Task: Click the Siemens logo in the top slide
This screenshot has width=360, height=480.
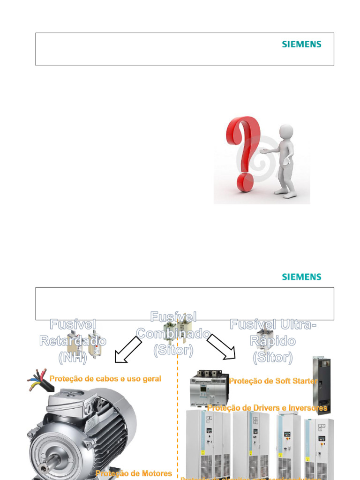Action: click(x=301, y=45)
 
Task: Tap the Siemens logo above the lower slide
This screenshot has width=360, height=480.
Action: click(x=301, y=277)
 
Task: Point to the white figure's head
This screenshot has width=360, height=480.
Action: click(x=286, y=131)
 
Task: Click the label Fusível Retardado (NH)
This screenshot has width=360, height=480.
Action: click(x=73, y=341)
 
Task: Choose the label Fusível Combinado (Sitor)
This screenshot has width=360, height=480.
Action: click(x=173, y=333)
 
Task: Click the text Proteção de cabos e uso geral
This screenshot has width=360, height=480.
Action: click(x=105, y=379)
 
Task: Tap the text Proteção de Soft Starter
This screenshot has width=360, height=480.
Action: click(x=273, y=381)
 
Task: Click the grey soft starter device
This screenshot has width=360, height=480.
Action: click(x=209, y=388)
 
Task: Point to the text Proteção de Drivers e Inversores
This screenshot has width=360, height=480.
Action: click(x=267, y=408)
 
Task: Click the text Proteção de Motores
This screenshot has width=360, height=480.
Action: click(x=134, y=473)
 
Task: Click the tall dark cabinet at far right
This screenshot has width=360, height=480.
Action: click(x=322, y=385)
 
